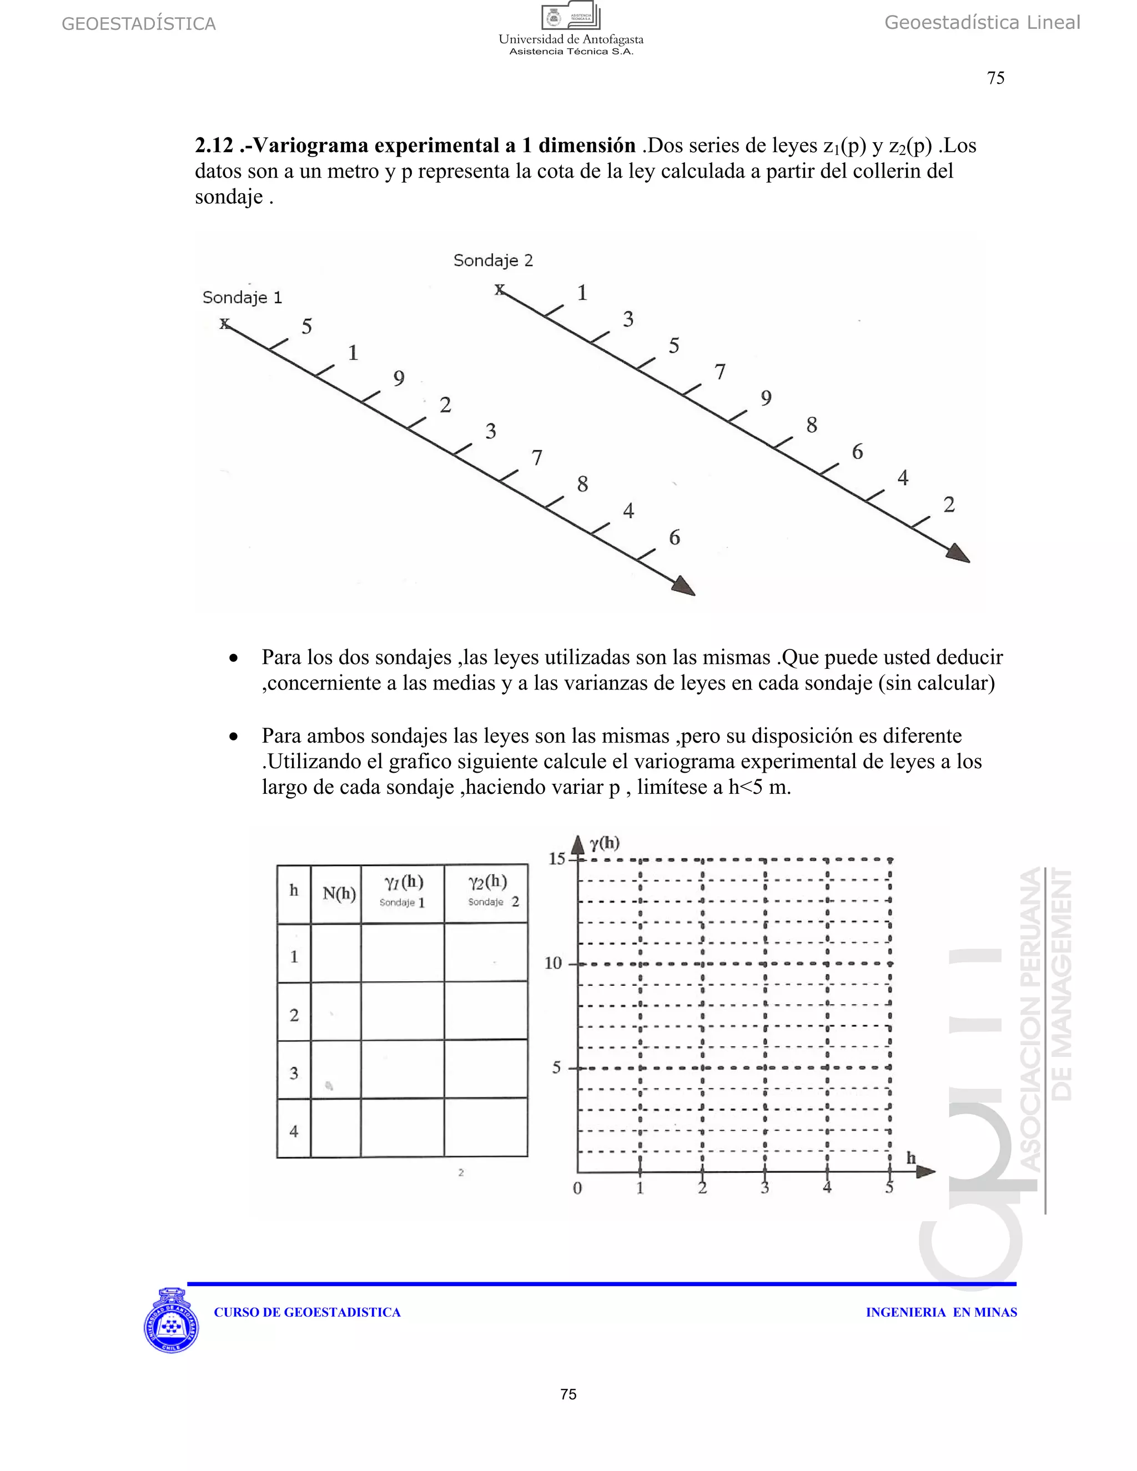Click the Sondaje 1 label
242,298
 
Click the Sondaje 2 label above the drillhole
493,261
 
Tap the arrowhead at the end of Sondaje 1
685,586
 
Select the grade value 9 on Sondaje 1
399,379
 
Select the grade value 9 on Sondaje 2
766,399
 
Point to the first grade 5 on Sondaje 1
306,326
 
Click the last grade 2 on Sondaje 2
949,505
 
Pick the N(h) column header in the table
338,894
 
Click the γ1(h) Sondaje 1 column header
403,891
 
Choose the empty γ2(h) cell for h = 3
486,1070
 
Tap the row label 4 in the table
294,1131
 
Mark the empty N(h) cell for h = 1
335,953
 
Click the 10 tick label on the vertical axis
553,963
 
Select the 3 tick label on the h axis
764,1188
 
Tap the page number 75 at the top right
995,78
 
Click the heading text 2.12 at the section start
214,145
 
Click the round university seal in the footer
171,1322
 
